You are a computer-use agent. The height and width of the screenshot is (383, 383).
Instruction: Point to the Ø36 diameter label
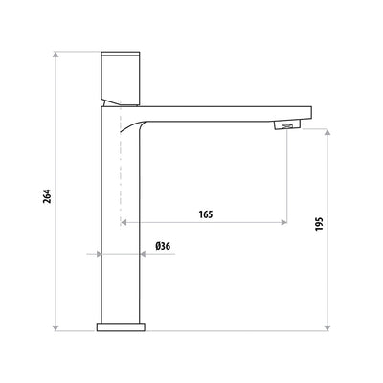tap(162, 246)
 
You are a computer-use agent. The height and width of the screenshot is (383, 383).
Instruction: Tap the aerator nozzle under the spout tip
tap(285, 126)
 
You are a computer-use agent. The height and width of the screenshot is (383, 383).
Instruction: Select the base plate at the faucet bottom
tap(122, 327)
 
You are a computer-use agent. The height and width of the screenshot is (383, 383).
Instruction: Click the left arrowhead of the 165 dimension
tap(124, 223)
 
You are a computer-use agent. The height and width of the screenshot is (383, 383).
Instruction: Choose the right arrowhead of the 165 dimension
tap(282, 223)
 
